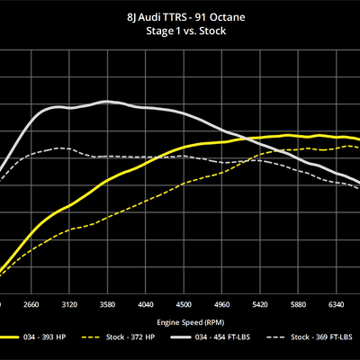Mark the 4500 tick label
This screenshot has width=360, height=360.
(184, 304)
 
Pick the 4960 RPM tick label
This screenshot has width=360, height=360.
(223, 304)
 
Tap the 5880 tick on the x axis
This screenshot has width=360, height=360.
(301, 304)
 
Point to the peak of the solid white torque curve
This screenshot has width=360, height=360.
(106, 102)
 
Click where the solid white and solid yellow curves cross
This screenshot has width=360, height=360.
(242, 139)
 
